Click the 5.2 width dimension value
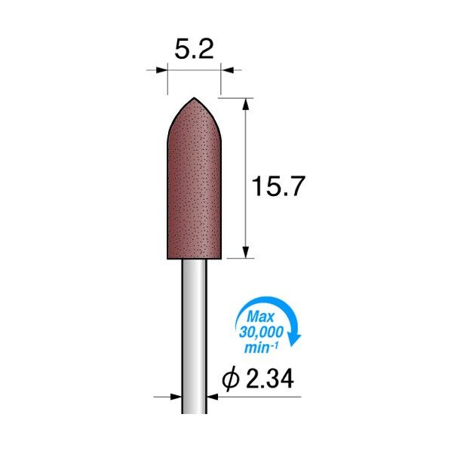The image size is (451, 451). (x=194, y=49)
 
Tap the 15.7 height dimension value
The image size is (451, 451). (x=278, y=187)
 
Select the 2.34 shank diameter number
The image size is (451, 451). (x=270, y=379)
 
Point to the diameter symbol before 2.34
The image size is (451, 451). (x=231, y=379)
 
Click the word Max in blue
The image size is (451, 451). (x=261, y=317)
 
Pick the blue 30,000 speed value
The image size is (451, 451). (x=261, y=332)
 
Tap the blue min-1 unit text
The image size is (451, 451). (x=261, y=347)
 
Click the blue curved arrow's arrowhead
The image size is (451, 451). (x=295, y=339)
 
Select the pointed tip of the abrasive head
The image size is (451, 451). (x=194, y=98)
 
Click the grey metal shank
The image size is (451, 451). (x=194, y=336)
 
